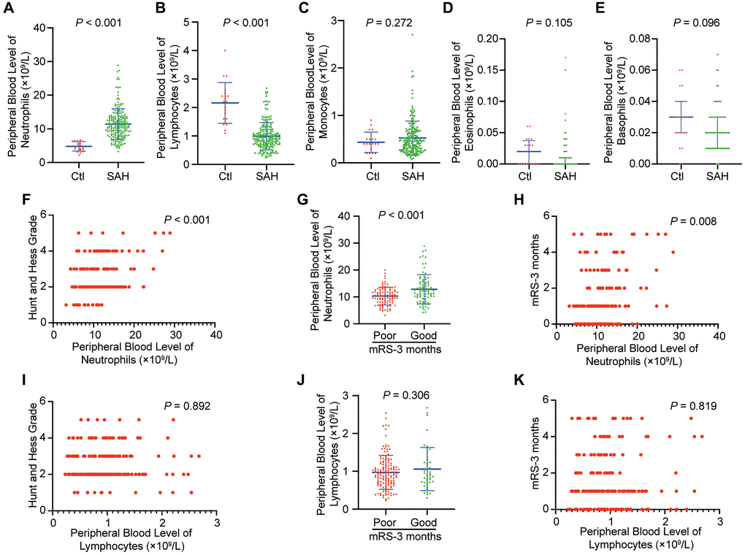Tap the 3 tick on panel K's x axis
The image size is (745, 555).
pos(719,523)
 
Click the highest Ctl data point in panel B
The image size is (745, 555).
pos(205,50)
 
